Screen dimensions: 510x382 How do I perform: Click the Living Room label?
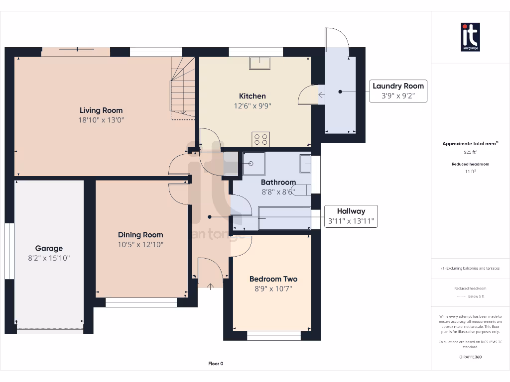pyautogui.click(x=101, y=110)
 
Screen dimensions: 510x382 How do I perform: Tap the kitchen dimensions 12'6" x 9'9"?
pyautogui.click(x=253, y=106)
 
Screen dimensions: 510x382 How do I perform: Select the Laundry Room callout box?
pyautogui.click(x=398, y=91)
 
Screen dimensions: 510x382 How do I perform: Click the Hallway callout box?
pyautogui.click(x=351, y=216)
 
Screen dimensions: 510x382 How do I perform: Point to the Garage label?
pyautogui.click(x=49, y=249)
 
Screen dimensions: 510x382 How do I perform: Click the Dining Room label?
pyautogui.click(x=140, y=235)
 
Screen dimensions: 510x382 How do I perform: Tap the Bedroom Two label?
pyautogui.click(x=273, y=279)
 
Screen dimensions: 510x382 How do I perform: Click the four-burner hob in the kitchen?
pyautogui.click(x=260, y=139)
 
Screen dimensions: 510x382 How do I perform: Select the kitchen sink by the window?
pyautogui.click(x=259, y=63)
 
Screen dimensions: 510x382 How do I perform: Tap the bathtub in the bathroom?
pyautogui.click(x=284, y=218)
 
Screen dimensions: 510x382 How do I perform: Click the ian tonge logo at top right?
pyautogui.click(x=470, y=37)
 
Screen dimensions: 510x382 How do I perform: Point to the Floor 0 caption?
pyautogui.click(x=216, y=364)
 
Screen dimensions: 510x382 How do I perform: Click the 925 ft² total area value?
pyautogui.click(x=470, y=152)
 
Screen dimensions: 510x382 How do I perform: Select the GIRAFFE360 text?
pyautogui.click(x=470, y=357)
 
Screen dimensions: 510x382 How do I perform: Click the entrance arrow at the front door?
pyautogui.click(x=211, y=286)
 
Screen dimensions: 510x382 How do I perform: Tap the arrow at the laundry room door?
pyautogui.click(x=321, y=95)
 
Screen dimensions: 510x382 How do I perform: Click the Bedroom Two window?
pyautogui.click(x=274, y=336)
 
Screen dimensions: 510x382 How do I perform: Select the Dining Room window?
pyautogui.click(x=141, y=302)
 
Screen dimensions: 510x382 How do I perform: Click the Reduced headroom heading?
pyautogui.click(x=470, y=164)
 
